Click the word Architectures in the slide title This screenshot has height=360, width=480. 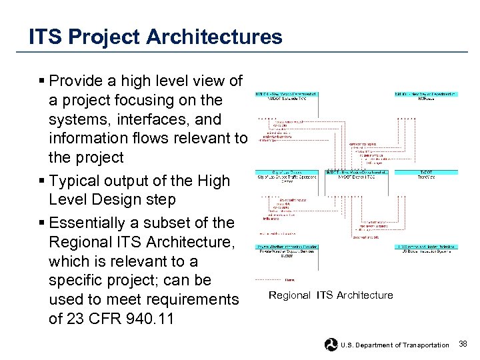[x=209, y=37]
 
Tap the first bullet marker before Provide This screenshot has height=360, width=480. [x=41, y=81]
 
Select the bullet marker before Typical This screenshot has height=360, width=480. [x=41, y=181]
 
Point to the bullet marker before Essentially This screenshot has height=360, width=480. [x=41, y=223]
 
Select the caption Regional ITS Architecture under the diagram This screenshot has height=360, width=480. [x=331, y=295]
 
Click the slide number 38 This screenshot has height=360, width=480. [x=463, y=344]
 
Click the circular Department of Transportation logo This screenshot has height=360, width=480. [x=331, y=345]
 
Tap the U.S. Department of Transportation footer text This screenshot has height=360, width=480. [x=395, y=345]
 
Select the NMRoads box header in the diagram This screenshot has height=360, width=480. [x=427, y=97]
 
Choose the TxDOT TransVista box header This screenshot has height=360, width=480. [x=427, y=175]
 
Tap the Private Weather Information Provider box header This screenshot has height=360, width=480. [x=287, y=249]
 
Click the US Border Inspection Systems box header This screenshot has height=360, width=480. [x=427, y=249]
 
